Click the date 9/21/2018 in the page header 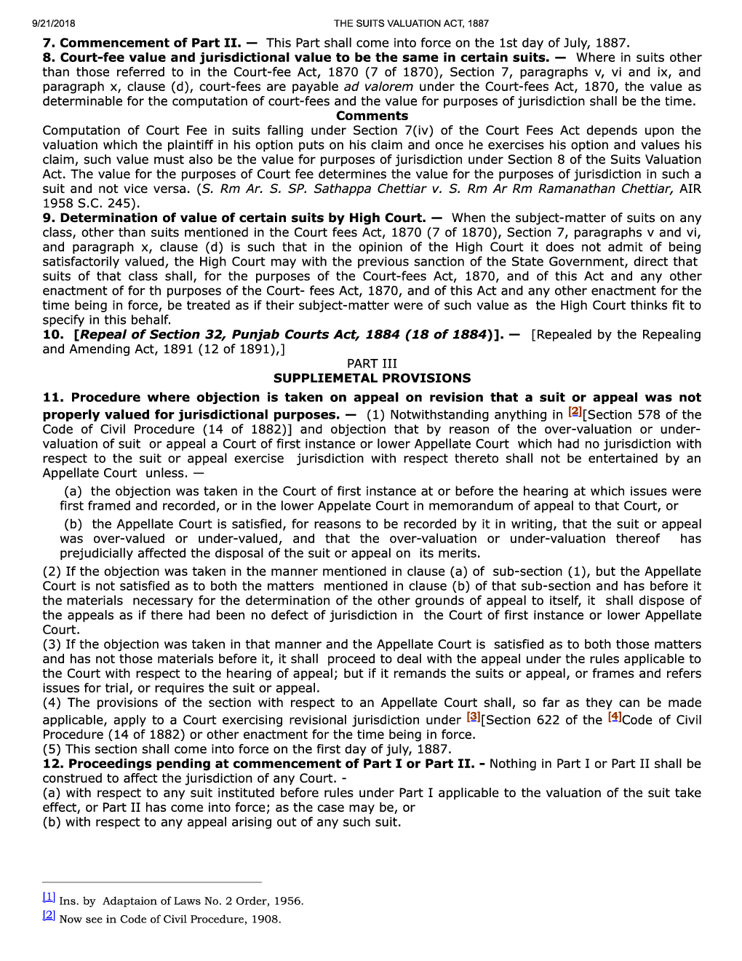[53, 23]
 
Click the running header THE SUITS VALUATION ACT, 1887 [411, 23]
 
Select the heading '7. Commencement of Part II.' [141, 43]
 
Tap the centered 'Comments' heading [372, 116]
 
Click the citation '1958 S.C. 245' [90, 203]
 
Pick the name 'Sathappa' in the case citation [344, 189]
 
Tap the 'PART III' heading [372, 363]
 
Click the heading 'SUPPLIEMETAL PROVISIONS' [372, 378]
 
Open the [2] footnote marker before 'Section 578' [575, 412]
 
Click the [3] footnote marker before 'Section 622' [474, 717]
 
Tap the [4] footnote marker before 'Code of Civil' [615, 717]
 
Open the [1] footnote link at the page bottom [49, 897]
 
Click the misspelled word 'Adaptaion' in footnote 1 [130, 901]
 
